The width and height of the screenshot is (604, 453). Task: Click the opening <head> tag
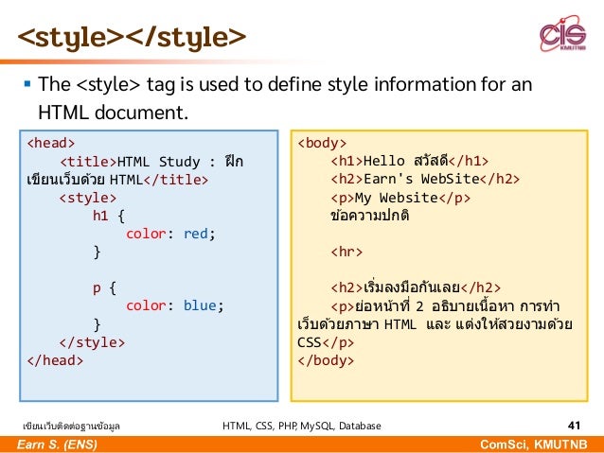[50, 143]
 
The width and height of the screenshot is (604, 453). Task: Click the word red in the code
[197, 234]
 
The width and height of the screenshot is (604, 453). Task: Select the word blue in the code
[201, 305]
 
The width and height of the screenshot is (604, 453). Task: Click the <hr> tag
[346, 252]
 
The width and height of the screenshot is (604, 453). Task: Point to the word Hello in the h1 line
[383, 161]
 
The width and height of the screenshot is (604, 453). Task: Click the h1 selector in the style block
[99, 216]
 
